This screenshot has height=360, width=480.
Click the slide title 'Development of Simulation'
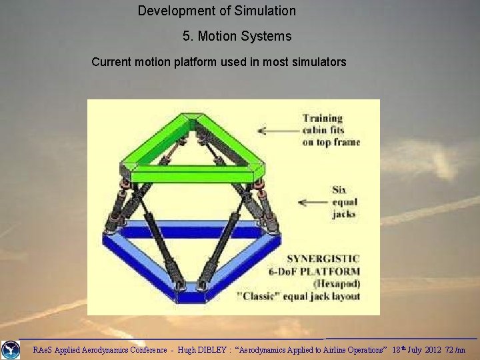pos(217,11)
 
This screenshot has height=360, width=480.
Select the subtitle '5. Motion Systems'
pos(237,36)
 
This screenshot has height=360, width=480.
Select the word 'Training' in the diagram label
pos(322,118)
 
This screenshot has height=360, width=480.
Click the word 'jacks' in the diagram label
pos(344,214)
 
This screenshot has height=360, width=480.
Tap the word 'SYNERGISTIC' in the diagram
pos(323,259)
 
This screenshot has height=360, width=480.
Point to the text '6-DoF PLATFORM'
pos(322,271)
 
